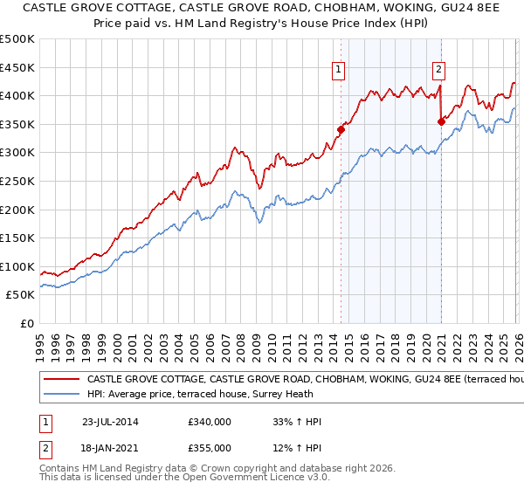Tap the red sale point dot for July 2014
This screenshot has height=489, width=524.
(341, 130)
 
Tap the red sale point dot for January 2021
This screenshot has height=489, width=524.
(441, 121)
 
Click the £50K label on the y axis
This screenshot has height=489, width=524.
(21, 295)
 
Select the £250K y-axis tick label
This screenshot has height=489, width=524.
(17, 181)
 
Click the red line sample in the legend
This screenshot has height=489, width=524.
(61, 380)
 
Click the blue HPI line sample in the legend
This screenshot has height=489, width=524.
(61, 395)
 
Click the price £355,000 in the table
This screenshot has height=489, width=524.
(209, 448)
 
